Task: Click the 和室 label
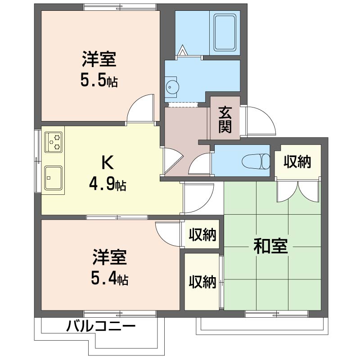tap(271, 247)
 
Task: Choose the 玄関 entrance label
tap(225, 119)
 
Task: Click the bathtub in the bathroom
tap(225, 33)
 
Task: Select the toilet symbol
tap(255, 161)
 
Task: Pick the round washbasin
tap(171, 87)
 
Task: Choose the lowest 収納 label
tap(202, 282)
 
